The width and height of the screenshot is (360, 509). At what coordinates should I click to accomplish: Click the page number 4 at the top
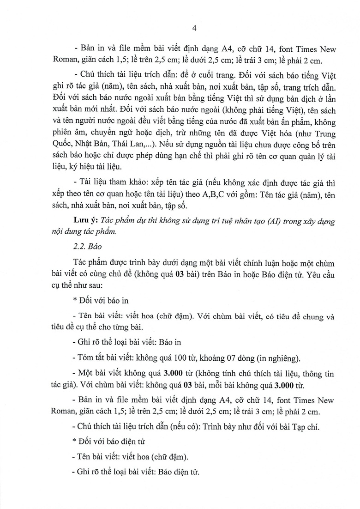pos(194,28)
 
